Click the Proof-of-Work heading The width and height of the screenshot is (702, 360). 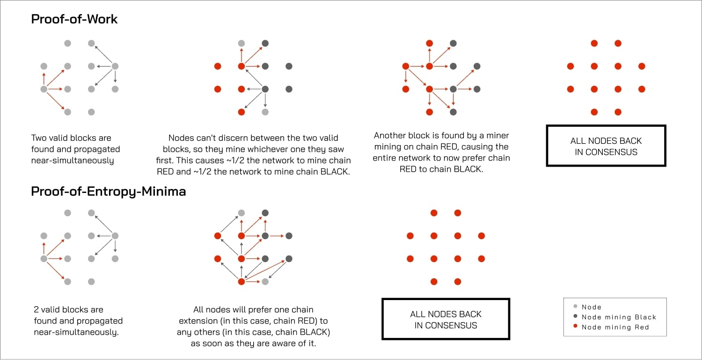(x=74, y=19)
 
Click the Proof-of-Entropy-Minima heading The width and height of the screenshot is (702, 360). (x=108, y=191)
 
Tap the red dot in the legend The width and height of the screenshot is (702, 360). (x=575, y=327)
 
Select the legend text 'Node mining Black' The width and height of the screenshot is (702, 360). (x=619, y=317)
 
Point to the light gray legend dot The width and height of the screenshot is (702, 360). (x=575, y=307)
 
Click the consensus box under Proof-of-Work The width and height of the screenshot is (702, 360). (x=606, y=146)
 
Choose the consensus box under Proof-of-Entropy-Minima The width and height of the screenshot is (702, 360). (x=446, y=319)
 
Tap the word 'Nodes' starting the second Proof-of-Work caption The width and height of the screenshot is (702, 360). (x=180, y=138)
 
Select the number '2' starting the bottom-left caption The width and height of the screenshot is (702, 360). (x=37, y=309)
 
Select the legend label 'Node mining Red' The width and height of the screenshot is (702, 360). (x=615, y=327)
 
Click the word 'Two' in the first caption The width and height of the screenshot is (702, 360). (x=39, y=138)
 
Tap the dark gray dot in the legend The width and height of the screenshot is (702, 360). (x=575, y=317)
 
